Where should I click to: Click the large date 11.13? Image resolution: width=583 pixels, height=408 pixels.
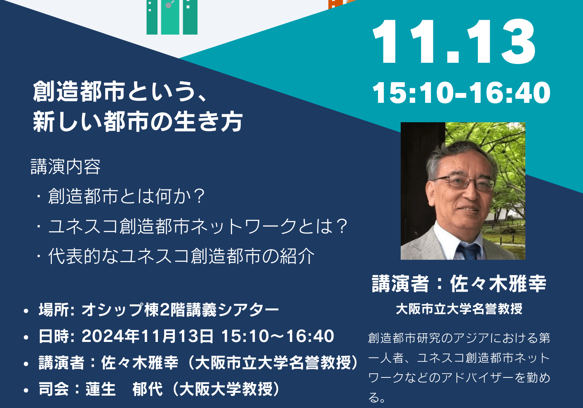click(454, 42)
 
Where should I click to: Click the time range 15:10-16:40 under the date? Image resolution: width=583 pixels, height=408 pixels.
click(461, 93)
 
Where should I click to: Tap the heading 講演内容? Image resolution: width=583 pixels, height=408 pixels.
click(66, 166)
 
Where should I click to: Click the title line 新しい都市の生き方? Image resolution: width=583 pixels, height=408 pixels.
click(138, 121)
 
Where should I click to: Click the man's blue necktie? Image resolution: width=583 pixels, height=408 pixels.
click(469, 251)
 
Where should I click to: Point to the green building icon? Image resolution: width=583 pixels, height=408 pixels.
click(172, 17)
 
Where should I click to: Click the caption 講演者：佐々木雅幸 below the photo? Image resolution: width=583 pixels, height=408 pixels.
click(459, 284)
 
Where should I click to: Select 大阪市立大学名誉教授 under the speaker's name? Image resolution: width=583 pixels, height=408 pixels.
click(459, 309)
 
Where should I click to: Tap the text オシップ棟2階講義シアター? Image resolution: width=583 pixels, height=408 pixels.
click(180, 310)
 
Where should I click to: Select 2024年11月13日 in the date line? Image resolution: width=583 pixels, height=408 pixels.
click(147, 336)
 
